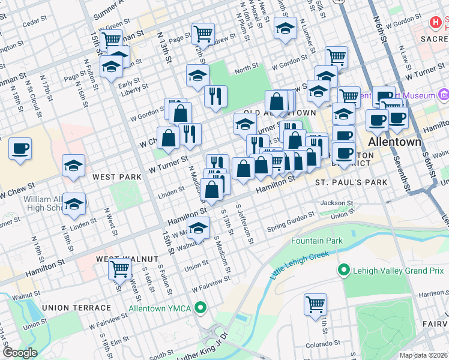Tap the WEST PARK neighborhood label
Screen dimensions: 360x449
click(116, 177)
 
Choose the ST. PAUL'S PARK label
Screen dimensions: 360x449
click(344, 182)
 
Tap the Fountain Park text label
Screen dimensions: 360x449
click(316, 241)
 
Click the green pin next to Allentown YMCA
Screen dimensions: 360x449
click(202, 308)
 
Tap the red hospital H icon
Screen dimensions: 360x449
click(436, 23)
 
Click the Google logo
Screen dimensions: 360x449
click(20, 353)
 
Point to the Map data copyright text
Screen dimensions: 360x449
click(424, 355)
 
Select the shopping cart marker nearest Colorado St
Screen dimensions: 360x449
click(315, 304)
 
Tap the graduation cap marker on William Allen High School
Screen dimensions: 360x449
click(74, 205)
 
